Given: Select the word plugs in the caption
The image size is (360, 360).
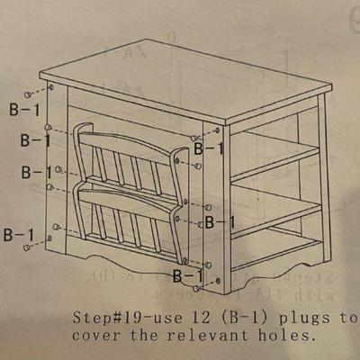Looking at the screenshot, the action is point(304,319).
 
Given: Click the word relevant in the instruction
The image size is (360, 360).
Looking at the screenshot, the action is point(207,335).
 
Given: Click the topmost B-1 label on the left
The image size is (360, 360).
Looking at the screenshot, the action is point(24,110).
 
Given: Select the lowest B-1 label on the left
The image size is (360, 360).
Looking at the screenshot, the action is point(19,235).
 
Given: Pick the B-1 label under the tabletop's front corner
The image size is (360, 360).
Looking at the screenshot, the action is point(209,148).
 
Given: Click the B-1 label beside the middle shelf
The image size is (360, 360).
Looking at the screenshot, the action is point(220,222).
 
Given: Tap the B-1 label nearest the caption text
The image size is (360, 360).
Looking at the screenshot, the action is point(188,275).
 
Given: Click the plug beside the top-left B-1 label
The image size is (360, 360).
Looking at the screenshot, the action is point(28,94).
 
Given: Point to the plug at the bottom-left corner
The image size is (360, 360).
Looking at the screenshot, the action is point(27,247).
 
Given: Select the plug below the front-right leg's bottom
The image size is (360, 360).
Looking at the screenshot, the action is point(196,288).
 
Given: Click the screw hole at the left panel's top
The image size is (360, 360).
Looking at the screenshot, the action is point(51,87).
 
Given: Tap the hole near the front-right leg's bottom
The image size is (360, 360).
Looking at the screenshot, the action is point(218,281).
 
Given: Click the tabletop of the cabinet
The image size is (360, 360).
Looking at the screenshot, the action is point(186,81).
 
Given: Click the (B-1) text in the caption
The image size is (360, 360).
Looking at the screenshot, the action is point(243,318).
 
